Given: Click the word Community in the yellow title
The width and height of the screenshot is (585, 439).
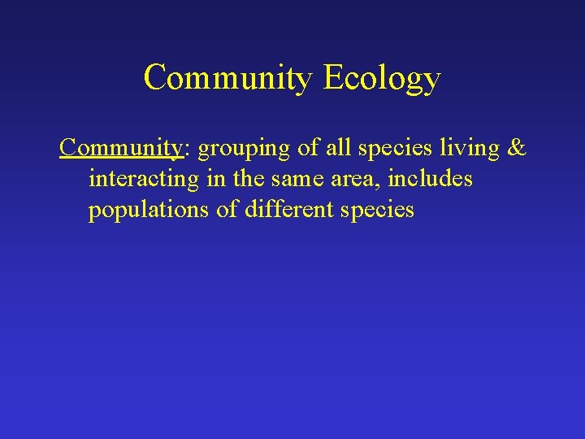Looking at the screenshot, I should click(x=228, y=78).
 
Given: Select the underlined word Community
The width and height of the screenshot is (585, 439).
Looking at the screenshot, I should click(x=121, y=149).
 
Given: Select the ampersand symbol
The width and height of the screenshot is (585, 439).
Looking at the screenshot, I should click(x=515, y=149).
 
